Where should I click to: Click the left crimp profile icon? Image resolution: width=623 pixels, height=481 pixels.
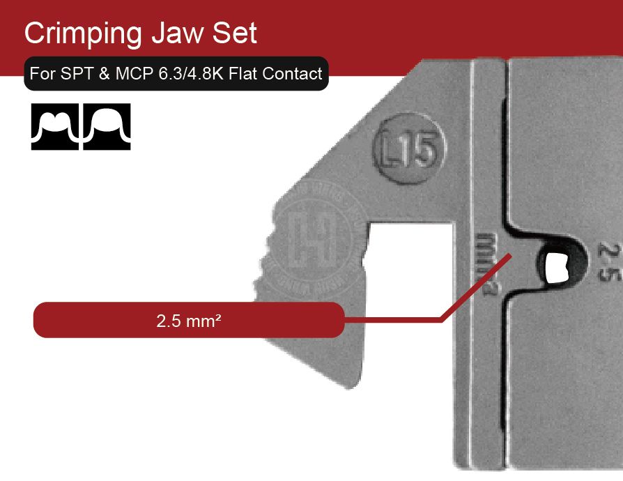click(56, 127)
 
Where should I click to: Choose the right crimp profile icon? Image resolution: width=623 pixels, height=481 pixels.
click(107, 127)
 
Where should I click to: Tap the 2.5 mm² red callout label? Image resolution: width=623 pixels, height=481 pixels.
click(189, 321)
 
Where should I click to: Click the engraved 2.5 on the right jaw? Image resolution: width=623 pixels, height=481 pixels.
click(609, 261)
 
